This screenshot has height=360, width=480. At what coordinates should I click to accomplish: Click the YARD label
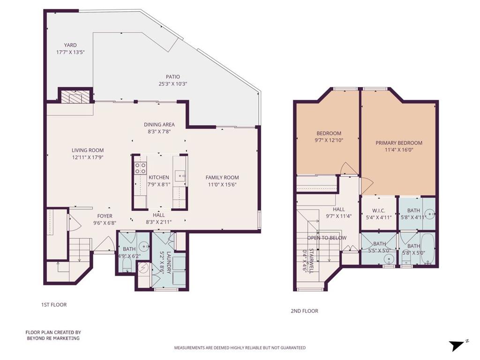[70, 45]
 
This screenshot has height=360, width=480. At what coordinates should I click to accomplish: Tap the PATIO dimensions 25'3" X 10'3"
[172, 83]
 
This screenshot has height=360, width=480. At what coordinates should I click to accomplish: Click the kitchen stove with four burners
[140, 168]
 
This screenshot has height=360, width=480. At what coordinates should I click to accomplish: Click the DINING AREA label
[159, 125]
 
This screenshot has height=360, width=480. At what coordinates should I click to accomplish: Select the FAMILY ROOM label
[222, 177]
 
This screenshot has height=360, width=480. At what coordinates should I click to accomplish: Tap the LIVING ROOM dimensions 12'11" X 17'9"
[88, 157]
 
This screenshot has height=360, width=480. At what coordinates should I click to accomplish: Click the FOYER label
[105, 216]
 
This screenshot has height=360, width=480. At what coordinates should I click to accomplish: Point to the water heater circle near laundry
[143, 268]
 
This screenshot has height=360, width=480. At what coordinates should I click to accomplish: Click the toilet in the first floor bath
[127, 264]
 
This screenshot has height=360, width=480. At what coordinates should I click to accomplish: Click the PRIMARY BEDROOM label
[399, 142]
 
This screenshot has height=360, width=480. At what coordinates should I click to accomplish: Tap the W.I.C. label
[379, 210]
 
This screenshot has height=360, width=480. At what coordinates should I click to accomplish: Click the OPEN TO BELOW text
[327, 238]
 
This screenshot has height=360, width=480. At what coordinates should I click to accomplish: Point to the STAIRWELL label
[311, 261]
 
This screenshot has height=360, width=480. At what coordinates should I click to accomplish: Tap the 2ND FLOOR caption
[304, 311]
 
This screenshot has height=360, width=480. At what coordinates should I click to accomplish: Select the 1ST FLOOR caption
[54, 305]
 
